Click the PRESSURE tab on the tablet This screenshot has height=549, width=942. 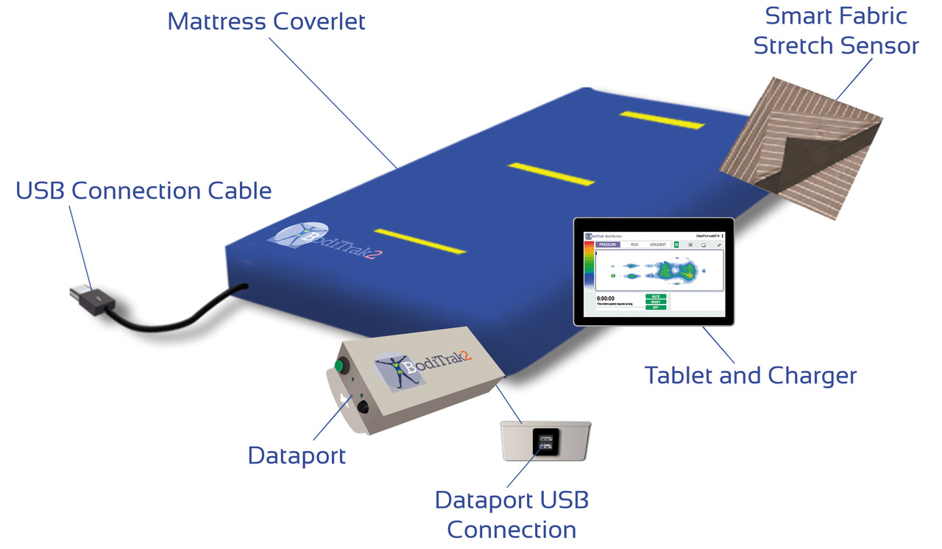pyautogui.click(x=608, y=244)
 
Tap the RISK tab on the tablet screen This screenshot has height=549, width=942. pyautogui.click(x=634, y=244)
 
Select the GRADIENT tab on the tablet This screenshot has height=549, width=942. pyautogui.click(x=658, y=244)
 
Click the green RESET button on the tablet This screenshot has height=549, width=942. pyautogui.click(x=656, y=302)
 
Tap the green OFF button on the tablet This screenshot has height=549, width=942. pyautogui.click(x=656, y=307)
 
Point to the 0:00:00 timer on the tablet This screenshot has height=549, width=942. pyautogui.click(x=605, y=299)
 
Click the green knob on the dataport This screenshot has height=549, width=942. pyautogui.click(x=341, y=366)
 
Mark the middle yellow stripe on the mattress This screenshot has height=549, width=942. pyautogui.click(x=551, y=174)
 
